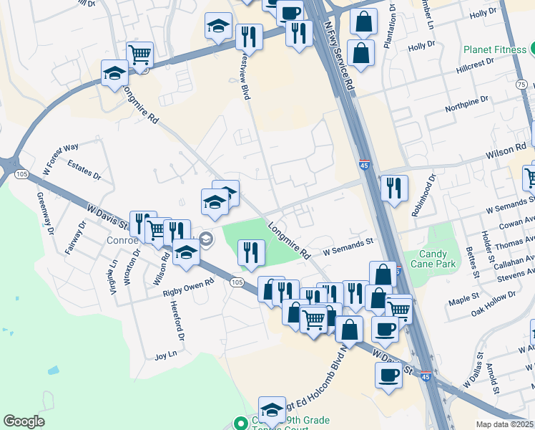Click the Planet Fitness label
[x=494, y=50]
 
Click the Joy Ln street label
[x=165, y=356]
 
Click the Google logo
[x=24, y=421]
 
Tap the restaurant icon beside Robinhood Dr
[x=394, y=188]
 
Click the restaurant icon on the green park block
[x=251, y=252]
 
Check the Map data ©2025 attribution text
[x=504, y=424]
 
